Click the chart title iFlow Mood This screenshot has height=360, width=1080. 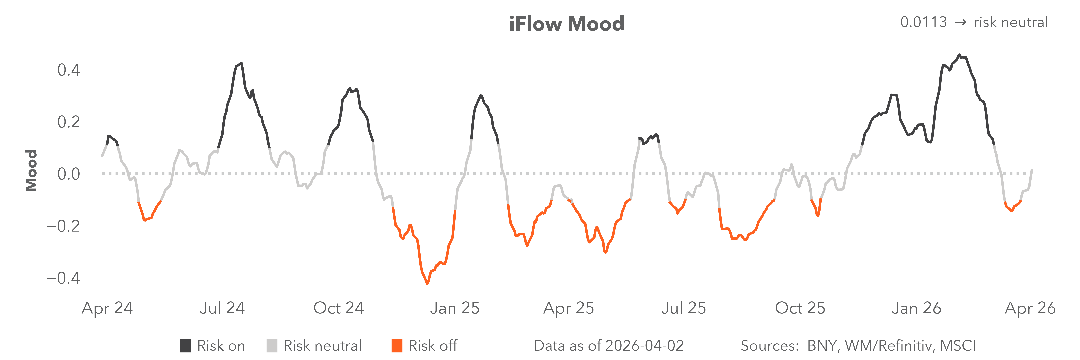point(566,24)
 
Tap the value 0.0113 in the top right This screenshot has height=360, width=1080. point(923,22)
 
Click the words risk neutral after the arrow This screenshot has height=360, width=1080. point(1010,22)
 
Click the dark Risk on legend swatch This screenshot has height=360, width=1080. point(185,346)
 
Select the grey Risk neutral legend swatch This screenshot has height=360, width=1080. point(272,346)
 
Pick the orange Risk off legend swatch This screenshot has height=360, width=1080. point(397,346)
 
